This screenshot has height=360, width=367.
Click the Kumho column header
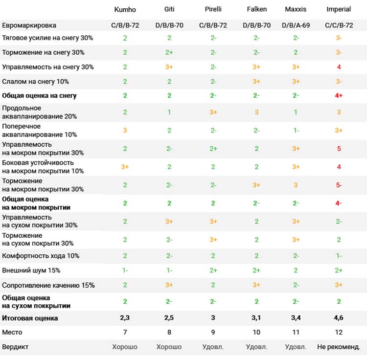tap(125, 9)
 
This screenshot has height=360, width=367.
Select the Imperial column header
tap(339, 9)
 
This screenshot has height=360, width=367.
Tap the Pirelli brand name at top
tap(213, 9)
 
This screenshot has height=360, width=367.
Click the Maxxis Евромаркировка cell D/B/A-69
tap(296, 25)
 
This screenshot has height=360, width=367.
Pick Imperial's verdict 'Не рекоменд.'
tap(339, 347)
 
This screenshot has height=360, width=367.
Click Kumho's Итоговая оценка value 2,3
tap(125, 317)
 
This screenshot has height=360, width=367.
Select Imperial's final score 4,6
tap(339, 317)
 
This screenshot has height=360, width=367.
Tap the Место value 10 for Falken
tap(256, 332)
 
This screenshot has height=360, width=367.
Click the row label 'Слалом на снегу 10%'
tap(35, 81)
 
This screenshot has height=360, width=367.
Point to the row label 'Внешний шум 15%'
tap(31, 270)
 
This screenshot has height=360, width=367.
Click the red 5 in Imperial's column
tap(339, 149)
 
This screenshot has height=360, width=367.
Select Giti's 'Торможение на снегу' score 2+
tap(169, 52)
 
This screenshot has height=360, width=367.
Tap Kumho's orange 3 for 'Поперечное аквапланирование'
tap(125, 130)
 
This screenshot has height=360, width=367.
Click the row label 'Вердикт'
tap(15, 347)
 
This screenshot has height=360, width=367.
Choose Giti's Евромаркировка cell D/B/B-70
tap(169, 25)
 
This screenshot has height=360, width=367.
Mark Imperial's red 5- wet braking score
tap(339, 185)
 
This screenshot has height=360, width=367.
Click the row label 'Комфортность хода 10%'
tap(41, 256)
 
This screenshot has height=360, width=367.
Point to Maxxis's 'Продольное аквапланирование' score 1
tap(296, 112)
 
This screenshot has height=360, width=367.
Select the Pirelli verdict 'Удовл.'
tap(213, 347)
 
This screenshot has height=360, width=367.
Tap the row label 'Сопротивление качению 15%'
tap(48, 285)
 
